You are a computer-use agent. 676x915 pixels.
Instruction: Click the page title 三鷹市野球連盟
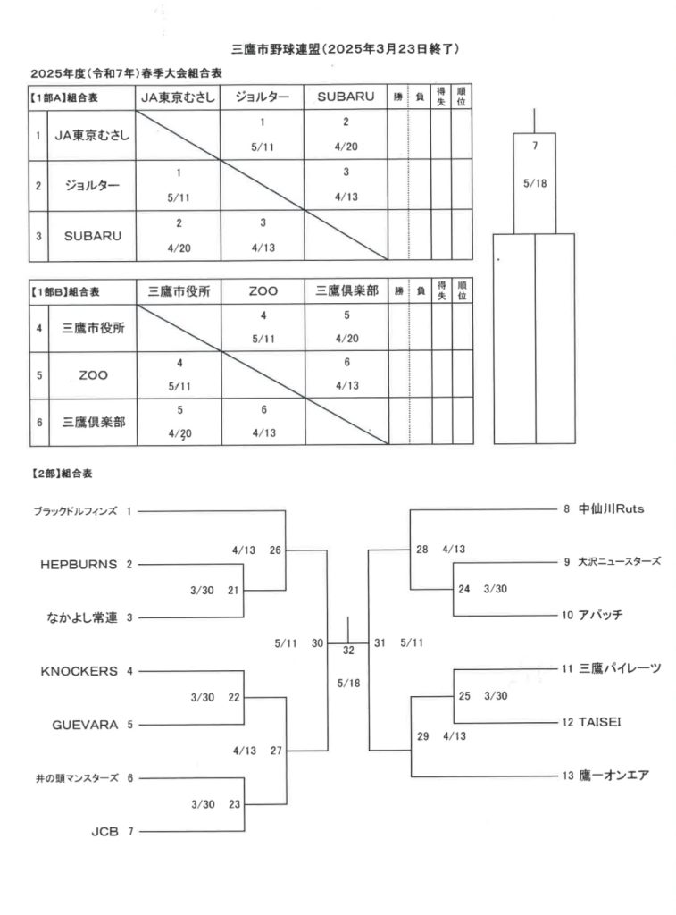pyautogui.click(x=275, y=49)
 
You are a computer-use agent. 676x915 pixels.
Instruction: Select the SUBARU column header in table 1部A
pyautogui.click(x=346, y=97)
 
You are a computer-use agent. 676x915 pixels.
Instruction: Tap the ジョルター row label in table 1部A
pyautogui.click(x=92, y=186)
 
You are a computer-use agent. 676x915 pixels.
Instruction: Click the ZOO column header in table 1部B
pyautogui.click(x=263, y=291)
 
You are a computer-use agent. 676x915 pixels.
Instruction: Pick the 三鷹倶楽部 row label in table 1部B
pyautogui.click(x=94, y=422)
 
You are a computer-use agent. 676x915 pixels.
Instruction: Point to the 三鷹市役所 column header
pyautogui.click(x=179, y=291)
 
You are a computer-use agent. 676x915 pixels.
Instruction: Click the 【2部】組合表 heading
pyautogui.click(x=62, y=474)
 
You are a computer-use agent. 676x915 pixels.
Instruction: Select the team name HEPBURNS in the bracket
pyautogui.click(x=79, y=565)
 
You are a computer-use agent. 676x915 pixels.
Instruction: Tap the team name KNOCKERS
pyautogui.click(x=79, y=672)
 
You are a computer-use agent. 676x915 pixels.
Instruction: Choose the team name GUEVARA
pyautogui.click(x=85, y=725)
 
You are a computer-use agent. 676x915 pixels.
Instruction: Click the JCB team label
pyautogui.click(x=105, y=832)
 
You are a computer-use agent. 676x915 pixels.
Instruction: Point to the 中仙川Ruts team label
pyautogui.click(x=612, y=508)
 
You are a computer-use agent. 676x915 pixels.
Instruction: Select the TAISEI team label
pyautogui.click(x=599, y=722)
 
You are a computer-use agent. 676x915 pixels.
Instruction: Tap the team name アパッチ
pyautogui.click(x=600, y=615)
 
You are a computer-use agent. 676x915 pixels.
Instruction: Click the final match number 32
pyautogui.click(x=348, y=651)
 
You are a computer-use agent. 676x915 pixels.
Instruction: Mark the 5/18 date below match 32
pyautogui.click(x=348, y=684)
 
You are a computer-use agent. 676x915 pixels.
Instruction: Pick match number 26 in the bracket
pyautogui.click(x=275, y=550)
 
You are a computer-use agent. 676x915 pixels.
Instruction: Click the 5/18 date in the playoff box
pyautogui.click(x=535, y=183)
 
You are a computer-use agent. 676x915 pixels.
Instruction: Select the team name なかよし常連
pyautogui.click(x=82, y=618)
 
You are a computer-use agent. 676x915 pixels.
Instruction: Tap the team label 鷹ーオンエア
pyautogui.click(x=613, y=776)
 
